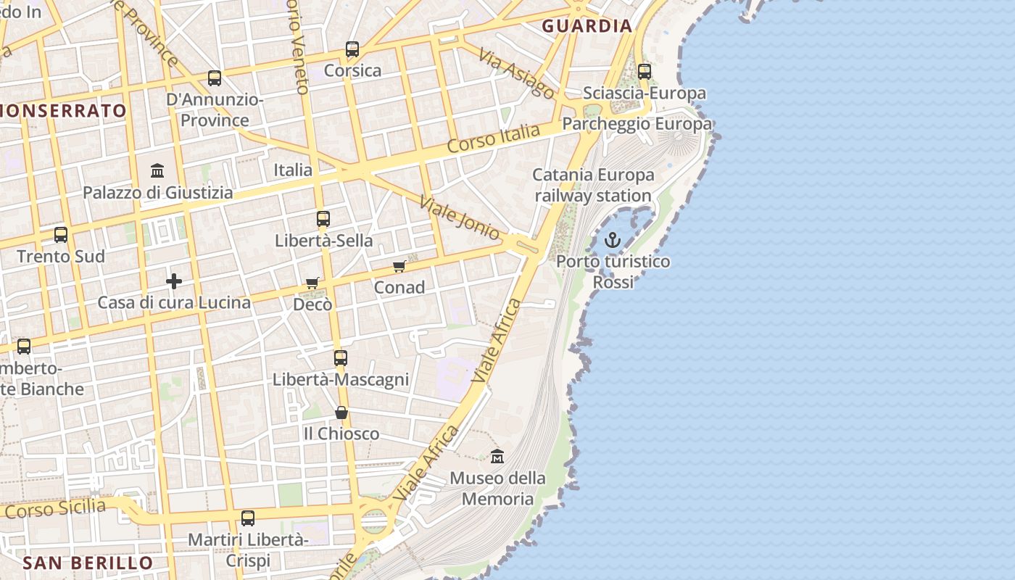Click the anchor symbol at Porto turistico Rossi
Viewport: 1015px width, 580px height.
coord(613,240)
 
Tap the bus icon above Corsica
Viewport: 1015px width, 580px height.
coord(352,49)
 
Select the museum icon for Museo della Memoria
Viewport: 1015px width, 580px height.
coord(497,457)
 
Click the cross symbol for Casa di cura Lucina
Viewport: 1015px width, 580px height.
coord(174,281)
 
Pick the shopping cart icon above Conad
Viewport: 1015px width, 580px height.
coord(399,267)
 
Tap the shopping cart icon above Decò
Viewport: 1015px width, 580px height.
coord(312,283)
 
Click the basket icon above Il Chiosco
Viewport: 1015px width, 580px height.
coord(341,413)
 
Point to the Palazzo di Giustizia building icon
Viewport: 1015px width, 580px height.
coord(157,171)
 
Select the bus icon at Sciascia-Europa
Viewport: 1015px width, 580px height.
coord(645,72)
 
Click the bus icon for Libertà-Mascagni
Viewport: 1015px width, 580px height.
coord(341,357)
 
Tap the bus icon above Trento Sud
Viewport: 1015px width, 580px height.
coord(61,235)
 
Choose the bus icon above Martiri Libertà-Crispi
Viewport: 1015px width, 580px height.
coord(248,518)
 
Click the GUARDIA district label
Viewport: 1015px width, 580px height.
coord(587,26)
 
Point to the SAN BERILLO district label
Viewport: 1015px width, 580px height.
coord(88,563)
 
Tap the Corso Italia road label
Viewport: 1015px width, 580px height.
coord(494,138)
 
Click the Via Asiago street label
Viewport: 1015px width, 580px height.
coord(517,74)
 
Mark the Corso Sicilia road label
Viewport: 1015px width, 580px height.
coord(55,507)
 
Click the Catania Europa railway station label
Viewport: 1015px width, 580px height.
coord(593,185)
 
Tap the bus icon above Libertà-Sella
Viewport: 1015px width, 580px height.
coord(323,219)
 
